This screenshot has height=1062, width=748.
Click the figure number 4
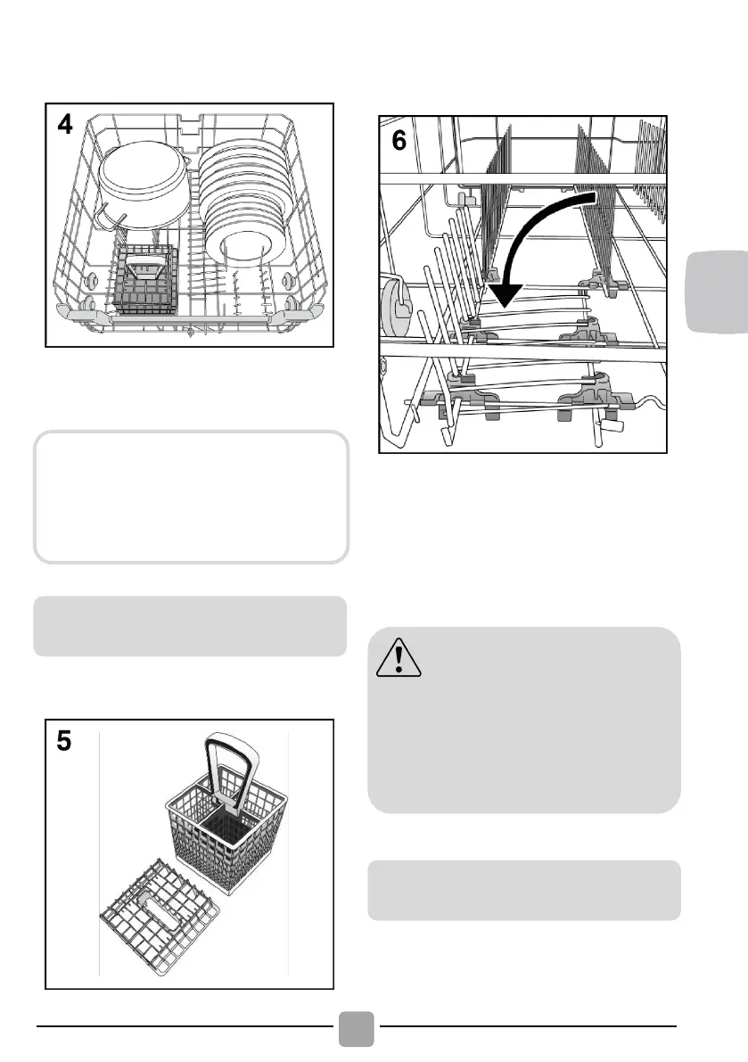point(66,124)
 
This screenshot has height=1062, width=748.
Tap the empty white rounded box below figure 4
point(190,498)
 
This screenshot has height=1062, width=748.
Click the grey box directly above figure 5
point(190,626)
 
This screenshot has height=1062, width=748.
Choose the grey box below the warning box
point(524,890)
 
